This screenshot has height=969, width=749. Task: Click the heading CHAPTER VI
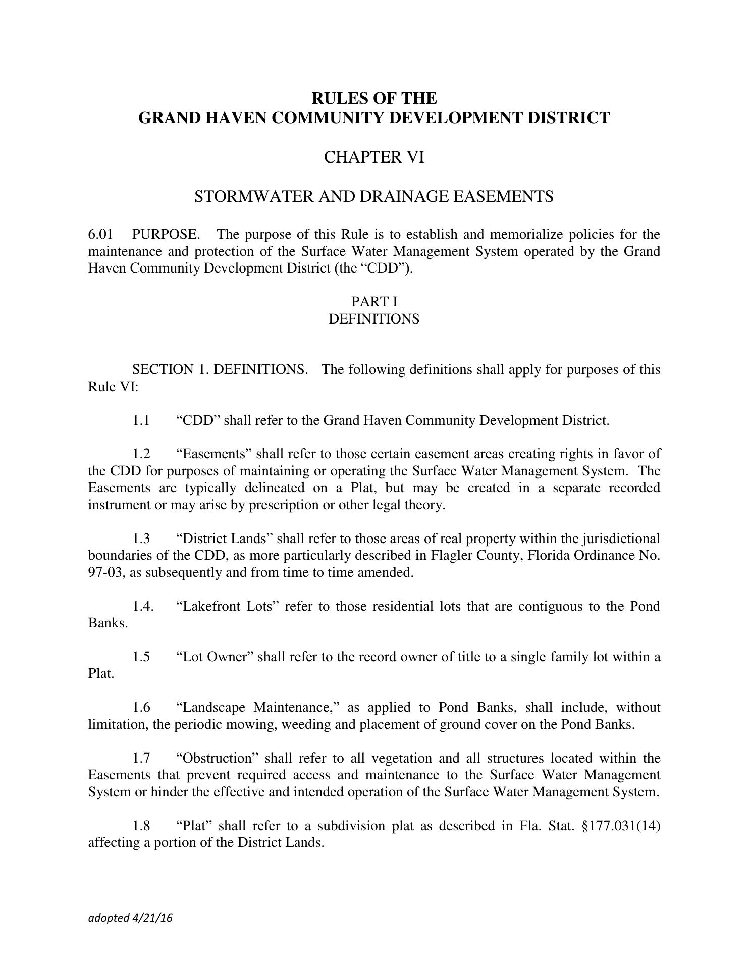pos(373,157)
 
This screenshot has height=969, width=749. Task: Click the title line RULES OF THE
pos(373,97)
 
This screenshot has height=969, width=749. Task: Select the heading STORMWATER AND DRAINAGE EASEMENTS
pos(373,196)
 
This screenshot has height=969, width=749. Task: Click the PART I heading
pos(374,302)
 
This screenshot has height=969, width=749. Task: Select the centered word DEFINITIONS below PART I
pos(373,319)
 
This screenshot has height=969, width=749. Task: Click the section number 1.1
pos(141,420)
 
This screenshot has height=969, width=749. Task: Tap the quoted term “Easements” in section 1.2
pos(214,454)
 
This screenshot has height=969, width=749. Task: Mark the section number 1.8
pos(141,826)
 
